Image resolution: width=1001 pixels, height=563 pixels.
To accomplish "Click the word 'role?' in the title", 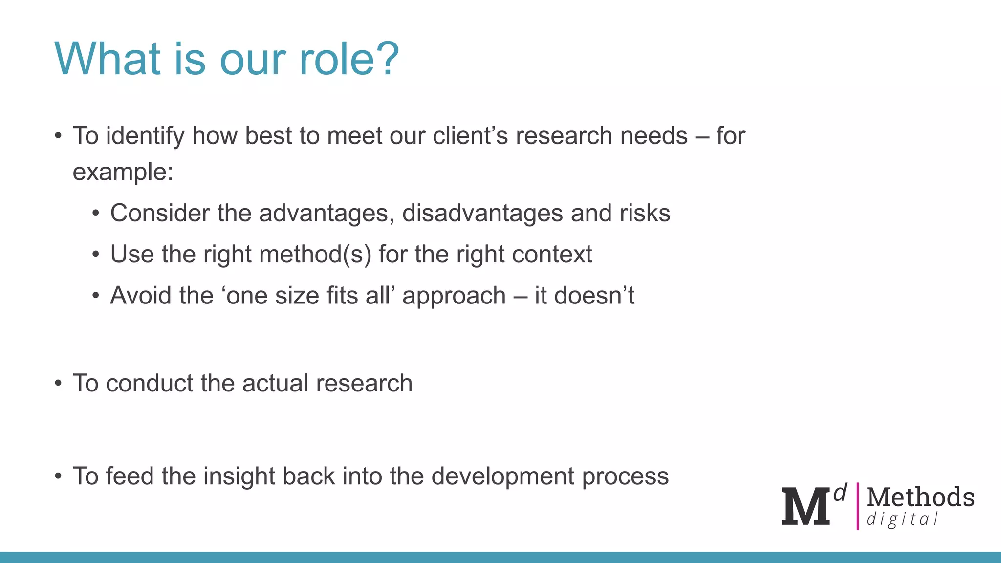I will [349, 59].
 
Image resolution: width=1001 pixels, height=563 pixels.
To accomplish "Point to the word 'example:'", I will [123, 173].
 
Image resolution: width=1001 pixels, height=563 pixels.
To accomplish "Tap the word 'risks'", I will [645, 214].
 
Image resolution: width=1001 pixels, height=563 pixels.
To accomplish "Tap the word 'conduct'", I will [150, 383].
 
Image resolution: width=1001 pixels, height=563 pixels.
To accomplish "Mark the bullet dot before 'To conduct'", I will [58, 383].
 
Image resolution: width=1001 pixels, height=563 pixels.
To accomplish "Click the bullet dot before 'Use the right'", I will [96, 255].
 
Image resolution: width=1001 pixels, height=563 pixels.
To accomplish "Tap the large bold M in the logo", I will [805, 506].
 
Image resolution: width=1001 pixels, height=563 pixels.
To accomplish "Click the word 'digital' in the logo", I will [902, 520].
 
